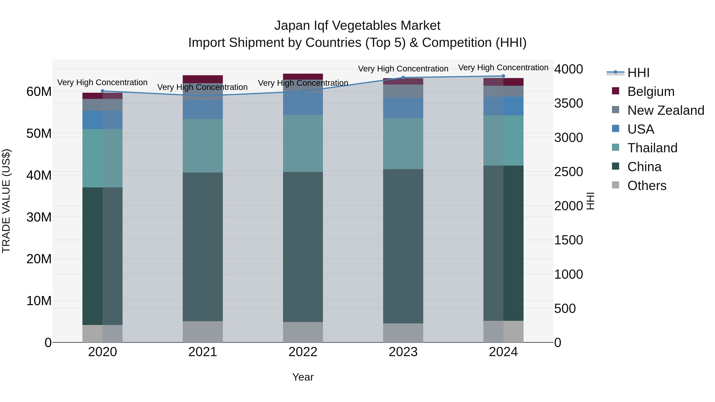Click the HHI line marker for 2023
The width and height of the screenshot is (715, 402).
pos(403,78)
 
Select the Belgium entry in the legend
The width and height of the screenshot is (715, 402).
pos(651,92)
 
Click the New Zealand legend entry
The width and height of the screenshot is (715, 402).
pos(666,110)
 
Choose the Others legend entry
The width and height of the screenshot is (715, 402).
pos(647,186)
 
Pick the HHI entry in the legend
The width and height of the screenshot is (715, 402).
pos(638,73)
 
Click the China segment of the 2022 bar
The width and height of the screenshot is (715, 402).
pos(303,247)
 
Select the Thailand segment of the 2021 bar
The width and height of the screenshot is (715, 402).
pos(203,146)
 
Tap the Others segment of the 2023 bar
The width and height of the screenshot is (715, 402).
pos(403,333)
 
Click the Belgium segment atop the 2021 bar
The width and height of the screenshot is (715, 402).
pos(203,79)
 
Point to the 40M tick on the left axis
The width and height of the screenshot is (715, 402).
pos(39,175)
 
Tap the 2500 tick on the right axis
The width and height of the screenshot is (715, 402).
pos(568,172)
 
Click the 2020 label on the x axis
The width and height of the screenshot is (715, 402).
pos(102,352)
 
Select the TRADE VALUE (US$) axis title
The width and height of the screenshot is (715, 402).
pos(6,201)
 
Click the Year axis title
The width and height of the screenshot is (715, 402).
pos(303,377)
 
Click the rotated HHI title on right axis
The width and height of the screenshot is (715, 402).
pos(590,201)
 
